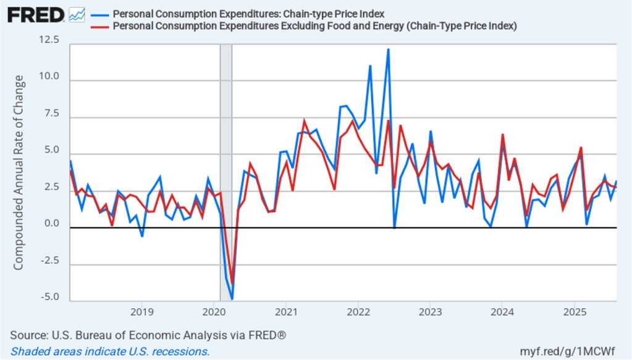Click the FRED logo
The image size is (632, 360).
36,14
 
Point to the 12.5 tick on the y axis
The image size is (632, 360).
49,40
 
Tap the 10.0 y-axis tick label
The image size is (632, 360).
49,77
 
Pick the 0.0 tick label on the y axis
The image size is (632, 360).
53,224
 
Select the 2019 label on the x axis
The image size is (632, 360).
141,311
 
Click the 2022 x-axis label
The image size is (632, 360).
358,311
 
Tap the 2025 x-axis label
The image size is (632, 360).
575,311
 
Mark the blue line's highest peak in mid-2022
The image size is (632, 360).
388,49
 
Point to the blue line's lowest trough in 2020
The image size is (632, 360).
232,299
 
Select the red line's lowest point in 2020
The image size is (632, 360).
232,279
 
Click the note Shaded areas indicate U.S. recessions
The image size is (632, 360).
110,351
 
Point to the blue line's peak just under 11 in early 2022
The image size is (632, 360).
370,65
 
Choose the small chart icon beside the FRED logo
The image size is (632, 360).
77,14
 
